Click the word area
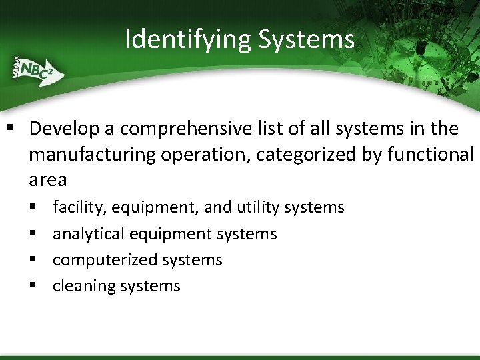47,179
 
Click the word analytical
89,234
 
